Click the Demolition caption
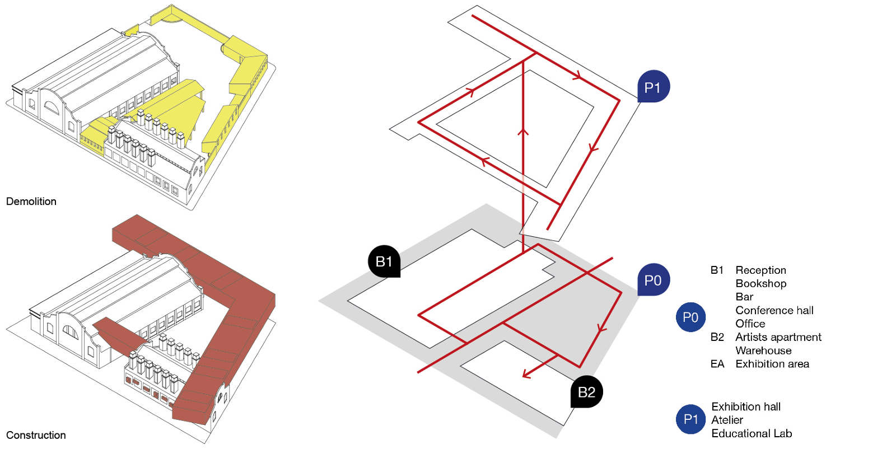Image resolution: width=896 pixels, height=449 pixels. (31, 201)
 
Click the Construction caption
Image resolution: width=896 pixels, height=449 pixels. (36, 435)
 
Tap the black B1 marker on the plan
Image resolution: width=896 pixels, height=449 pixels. (384, 261)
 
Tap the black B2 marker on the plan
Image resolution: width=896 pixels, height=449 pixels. (586, 392)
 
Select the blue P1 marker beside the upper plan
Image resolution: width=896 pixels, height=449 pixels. (653, 86)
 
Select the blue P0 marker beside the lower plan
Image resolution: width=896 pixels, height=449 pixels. (653, 280)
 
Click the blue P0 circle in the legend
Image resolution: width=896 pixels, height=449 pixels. (691, 317)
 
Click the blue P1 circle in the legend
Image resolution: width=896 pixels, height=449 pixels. (691, 419)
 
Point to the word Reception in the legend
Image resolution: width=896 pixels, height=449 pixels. (761, 270)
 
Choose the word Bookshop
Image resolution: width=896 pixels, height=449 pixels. (761, 283)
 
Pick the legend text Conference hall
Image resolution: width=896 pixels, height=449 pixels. (774, 310)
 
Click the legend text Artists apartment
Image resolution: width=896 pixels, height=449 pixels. (778, 337)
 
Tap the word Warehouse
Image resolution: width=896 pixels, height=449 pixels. (764, 350)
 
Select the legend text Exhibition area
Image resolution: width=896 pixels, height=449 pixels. (772, 364)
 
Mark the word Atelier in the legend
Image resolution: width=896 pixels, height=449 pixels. (727, 420)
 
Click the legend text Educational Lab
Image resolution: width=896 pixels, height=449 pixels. (752, 433)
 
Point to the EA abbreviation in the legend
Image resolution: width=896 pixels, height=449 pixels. (717, 364)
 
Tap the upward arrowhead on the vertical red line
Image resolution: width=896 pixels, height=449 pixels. (523, 132)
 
